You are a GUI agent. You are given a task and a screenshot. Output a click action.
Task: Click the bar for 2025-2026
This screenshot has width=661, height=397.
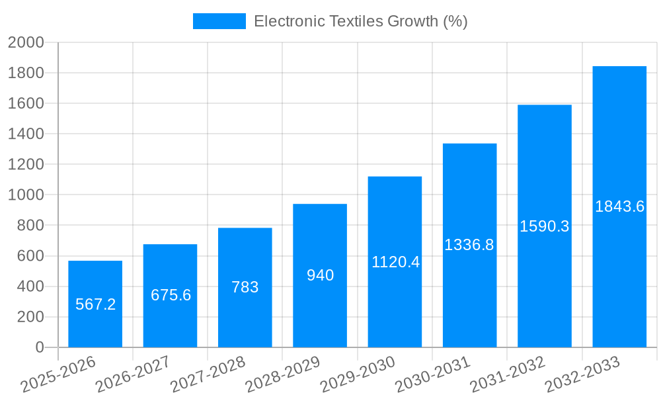[x=95, y=304]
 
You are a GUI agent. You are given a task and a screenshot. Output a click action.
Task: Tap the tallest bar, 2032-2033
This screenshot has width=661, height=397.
[x=619, y=206]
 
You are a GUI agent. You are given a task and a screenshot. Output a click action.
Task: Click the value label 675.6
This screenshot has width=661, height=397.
[x=171, y=295]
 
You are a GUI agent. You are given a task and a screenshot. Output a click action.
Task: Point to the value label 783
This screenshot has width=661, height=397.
[x=245, y=287]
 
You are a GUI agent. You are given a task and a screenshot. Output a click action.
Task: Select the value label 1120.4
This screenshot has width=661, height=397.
[x=395, y=262]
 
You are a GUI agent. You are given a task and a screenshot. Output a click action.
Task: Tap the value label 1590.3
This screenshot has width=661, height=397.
[x=545, y=226]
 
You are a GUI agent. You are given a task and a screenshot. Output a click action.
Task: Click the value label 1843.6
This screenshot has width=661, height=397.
[x=619, y=206]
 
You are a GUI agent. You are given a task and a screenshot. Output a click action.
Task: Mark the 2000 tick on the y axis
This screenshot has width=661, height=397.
[x=26, y=42]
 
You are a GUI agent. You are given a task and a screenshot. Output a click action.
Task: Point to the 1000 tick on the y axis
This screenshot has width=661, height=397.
[x=26, y=195]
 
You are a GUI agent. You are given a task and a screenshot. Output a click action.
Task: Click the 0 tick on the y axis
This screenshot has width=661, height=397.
[x=39, y=347]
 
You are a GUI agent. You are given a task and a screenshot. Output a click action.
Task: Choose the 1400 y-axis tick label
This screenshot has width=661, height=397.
[x=26, y=134]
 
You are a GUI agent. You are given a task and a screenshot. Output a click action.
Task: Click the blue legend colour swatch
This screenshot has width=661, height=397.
[x=219, y=21]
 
